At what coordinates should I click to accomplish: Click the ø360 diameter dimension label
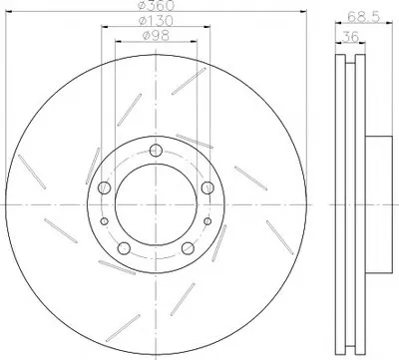pos(156,5)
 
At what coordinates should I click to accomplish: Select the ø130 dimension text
pos(156,21)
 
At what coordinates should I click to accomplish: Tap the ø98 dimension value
pos(156,35)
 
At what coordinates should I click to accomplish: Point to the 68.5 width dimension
pos(363,17)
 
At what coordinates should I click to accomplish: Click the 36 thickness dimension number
pos(350,36)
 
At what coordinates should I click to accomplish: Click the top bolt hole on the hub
pos(156,151)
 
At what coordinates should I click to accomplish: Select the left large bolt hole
pos(104,187)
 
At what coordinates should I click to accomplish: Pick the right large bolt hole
pos(207,187)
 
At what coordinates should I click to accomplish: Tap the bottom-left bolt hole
pos(124,248)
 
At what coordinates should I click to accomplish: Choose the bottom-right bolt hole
pos(188,248)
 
